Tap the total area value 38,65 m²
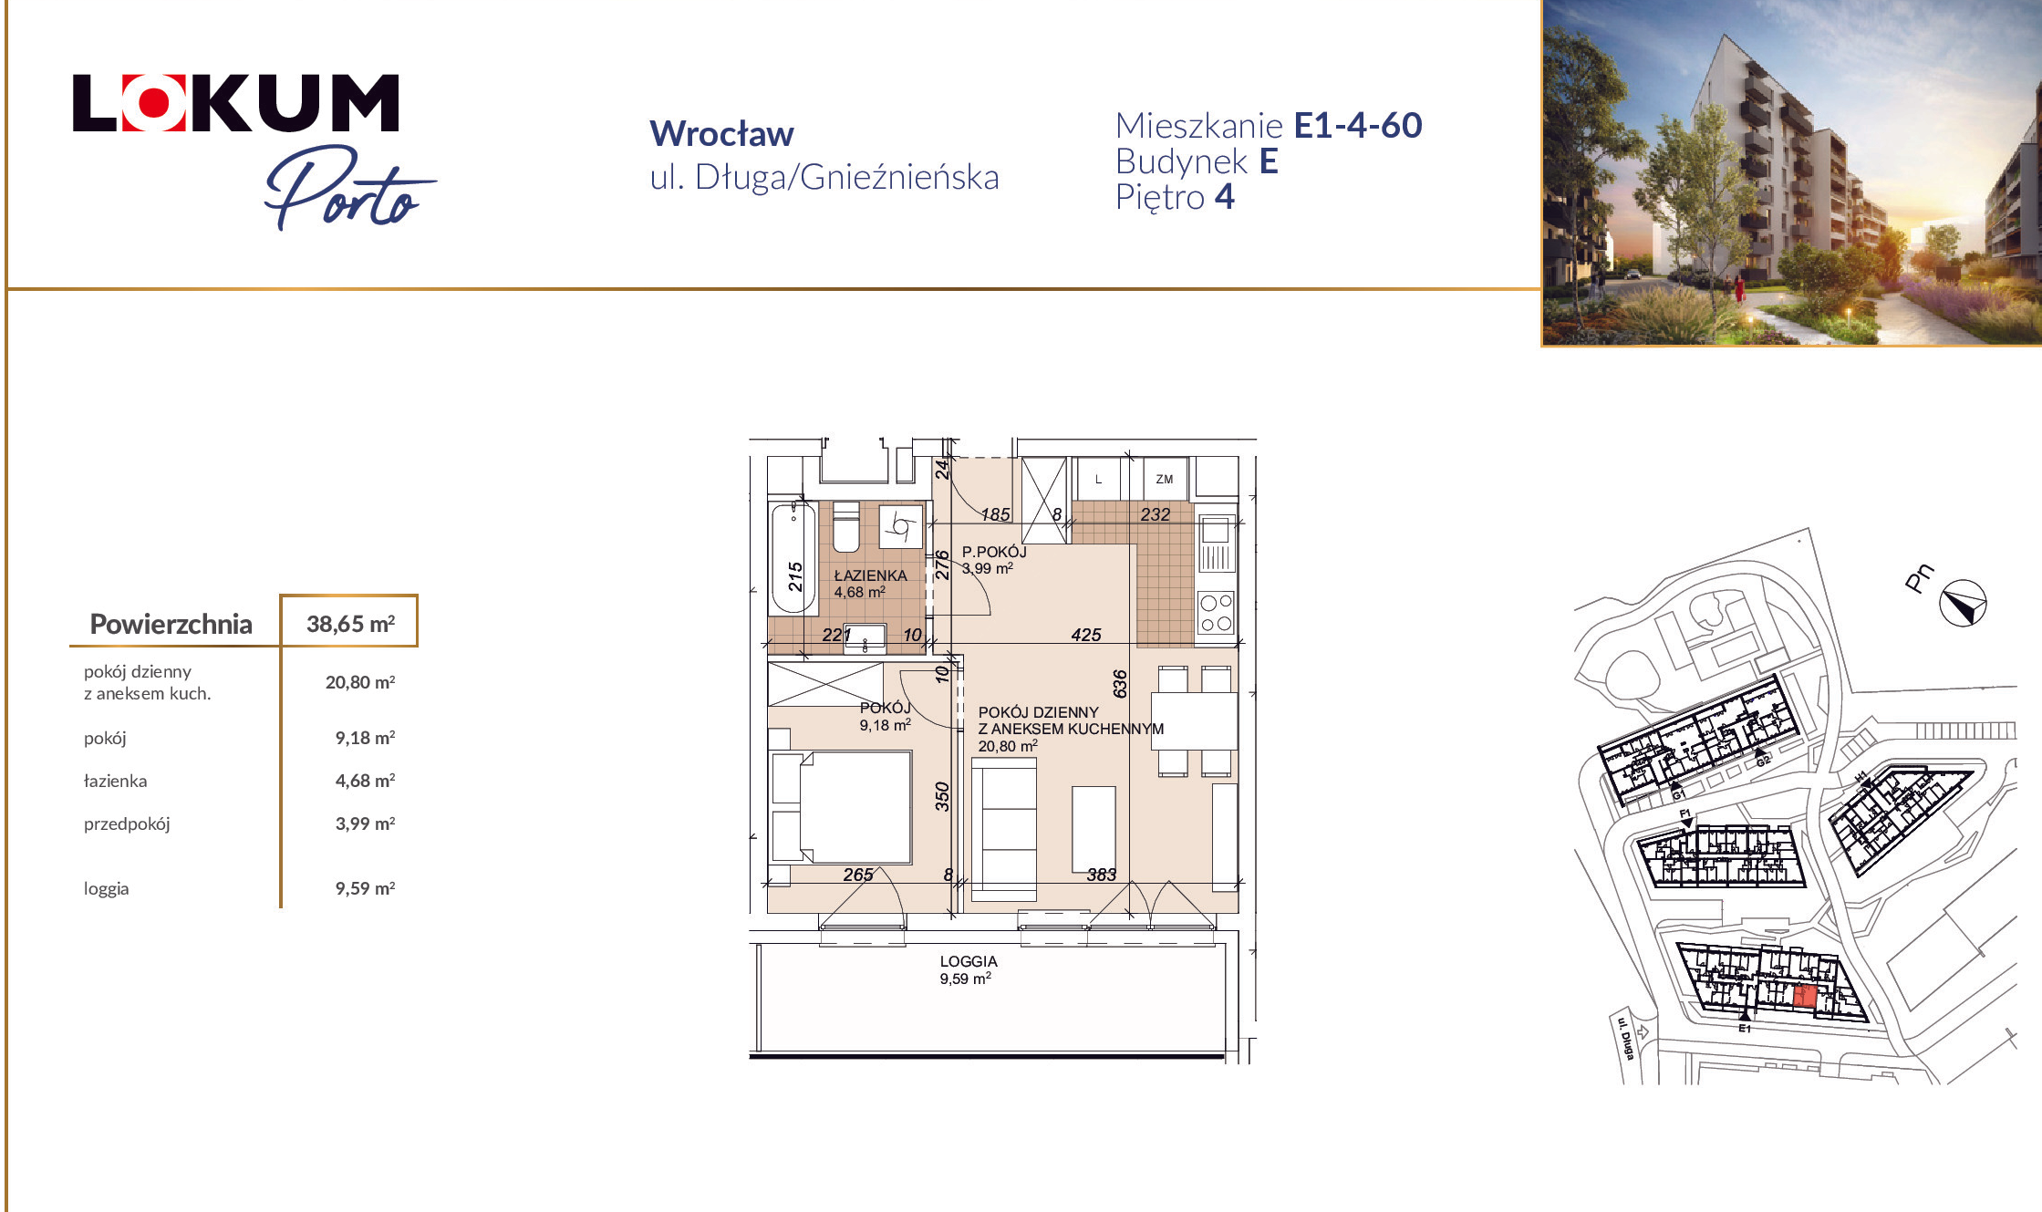[350, 624]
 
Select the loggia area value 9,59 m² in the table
[365, 888]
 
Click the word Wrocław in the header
[721, 134]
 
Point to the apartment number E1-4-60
[1358, 126]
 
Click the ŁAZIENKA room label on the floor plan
[870, 575]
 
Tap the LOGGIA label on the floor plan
[969, 961]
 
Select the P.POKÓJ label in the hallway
[994, 552]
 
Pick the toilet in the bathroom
[846, 527]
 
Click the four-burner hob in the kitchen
[1216, 613]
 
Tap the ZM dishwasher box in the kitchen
[1165, 479]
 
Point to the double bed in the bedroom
[842, 807]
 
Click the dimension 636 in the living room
[1120, 684]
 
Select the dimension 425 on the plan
[1086, 635]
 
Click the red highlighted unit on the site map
[1804, 997]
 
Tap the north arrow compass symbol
[1963, 603]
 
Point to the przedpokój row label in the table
[127, 824]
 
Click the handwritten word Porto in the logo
[349, 187]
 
